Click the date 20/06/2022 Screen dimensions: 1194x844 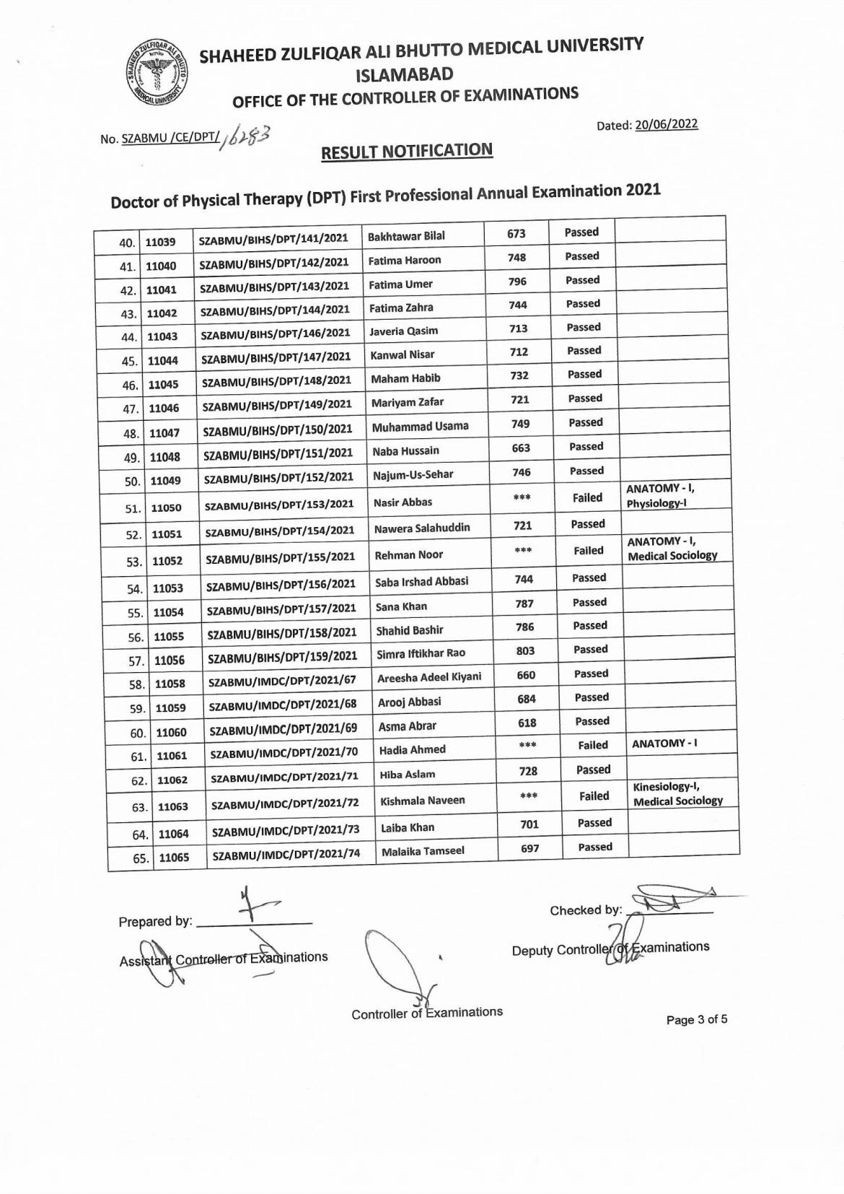pyautogui.click(x=666, y=124)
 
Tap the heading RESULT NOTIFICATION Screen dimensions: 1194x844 pyautogui.click(x=406, y=151)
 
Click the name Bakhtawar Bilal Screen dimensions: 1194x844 pyautogui.click(x=406, y=236)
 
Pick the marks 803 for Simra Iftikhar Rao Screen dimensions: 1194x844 pyautogui.click(x=525, y=650)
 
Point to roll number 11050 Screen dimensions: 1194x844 pyautogui.click(x=166, y=507)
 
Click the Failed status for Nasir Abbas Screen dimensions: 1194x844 pyautogui.click(x=587, y=497)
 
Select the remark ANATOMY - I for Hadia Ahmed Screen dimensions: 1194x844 pyautogui.click(x=664, y=743)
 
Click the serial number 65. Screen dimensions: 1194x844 pyautogui.click(x=140, y=858)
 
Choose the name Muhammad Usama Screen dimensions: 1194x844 pyautogui.click(x=420, y=427)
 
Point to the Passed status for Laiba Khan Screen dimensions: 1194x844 pyautogui.click(x=594, y=823)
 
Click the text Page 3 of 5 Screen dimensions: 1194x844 pyautogui.click(x=696, y=1020)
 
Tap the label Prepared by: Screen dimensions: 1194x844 pyautogui.click(x=155, y=922)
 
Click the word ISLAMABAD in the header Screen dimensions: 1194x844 pyautogui.click(x=405, y=74)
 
